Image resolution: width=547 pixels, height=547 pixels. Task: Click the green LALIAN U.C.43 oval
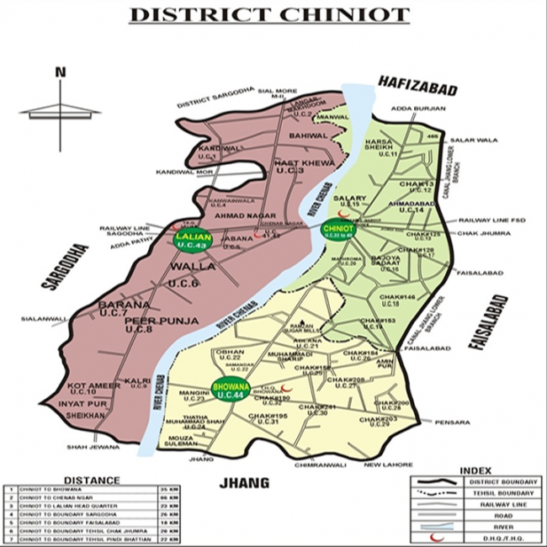[190, 240]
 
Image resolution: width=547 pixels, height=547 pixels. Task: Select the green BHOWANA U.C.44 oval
[229, 389]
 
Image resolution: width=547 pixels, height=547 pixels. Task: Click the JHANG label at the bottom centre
[243, 483]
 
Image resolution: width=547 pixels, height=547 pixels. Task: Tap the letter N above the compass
[60, 72]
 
